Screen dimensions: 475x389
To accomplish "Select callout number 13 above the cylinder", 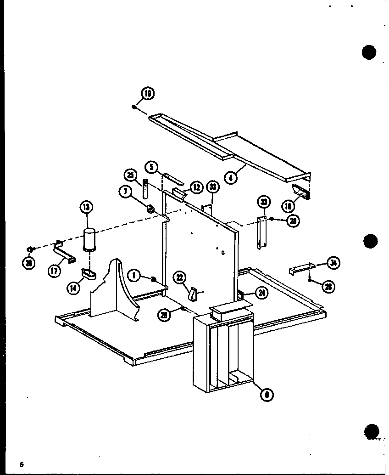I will tap(86, 207).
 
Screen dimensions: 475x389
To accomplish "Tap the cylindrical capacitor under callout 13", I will tap(90, 239).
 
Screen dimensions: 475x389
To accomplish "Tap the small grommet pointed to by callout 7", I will tap(150, 210).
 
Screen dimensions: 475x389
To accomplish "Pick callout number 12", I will tap(196, 187).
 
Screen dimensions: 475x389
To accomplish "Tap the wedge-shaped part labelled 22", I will tap(193, 294).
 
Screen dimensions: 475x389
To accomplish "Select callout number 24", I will tap(261, 293).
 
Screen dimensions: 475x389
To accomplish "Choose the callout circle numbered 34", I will tap(333, 263).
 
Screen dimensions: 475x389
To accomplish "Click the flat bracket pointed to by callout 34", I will tap(301, 268).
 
